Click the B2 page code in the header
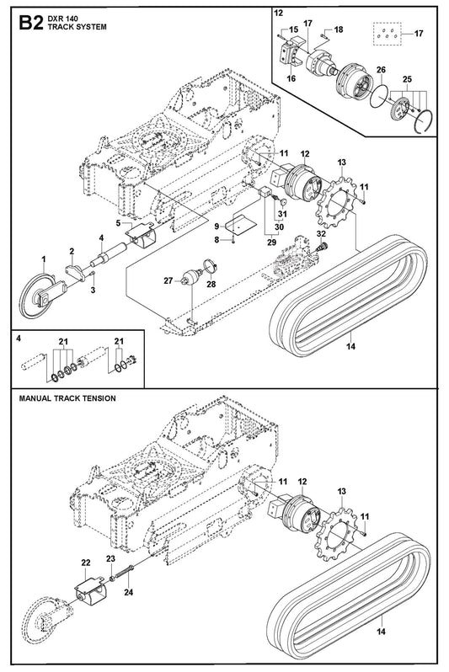point(31,24)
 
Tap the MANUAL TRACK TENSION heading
point(67,398)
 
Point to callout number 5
point(118,222)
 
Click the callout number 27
point(168,280)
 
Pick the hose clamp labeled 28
point(210,267)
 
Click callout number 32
point(321,233)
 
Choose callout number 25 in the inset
point(407,79)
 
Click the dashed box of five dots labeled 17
point(388,34)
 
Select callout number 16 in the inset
point(291,78)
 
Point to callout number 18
point(339,29)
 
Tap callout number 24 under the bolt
point(129,592)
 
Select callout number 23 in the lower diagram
point(110,559)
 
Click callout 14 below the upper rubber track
point(350,346)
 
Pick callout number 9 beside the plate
point(217,227)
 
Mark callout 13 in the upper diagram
point(342,163)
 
